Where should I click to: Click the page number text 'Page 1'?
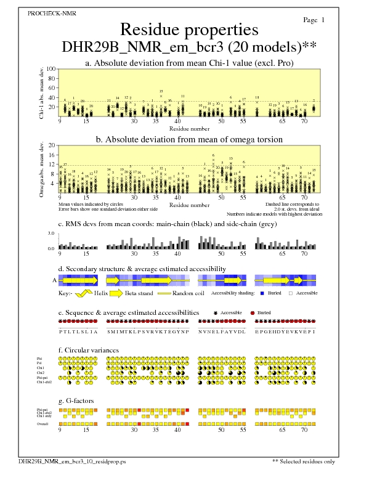(314, 20)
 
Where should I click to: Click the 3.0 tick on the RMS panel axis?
(52, 234)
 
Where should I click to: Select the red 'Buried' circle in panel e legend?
(253, 313)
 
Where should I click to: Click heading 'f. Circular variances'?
(84, 350)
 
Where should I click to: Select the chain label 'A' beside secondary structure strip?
(55, 280)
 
